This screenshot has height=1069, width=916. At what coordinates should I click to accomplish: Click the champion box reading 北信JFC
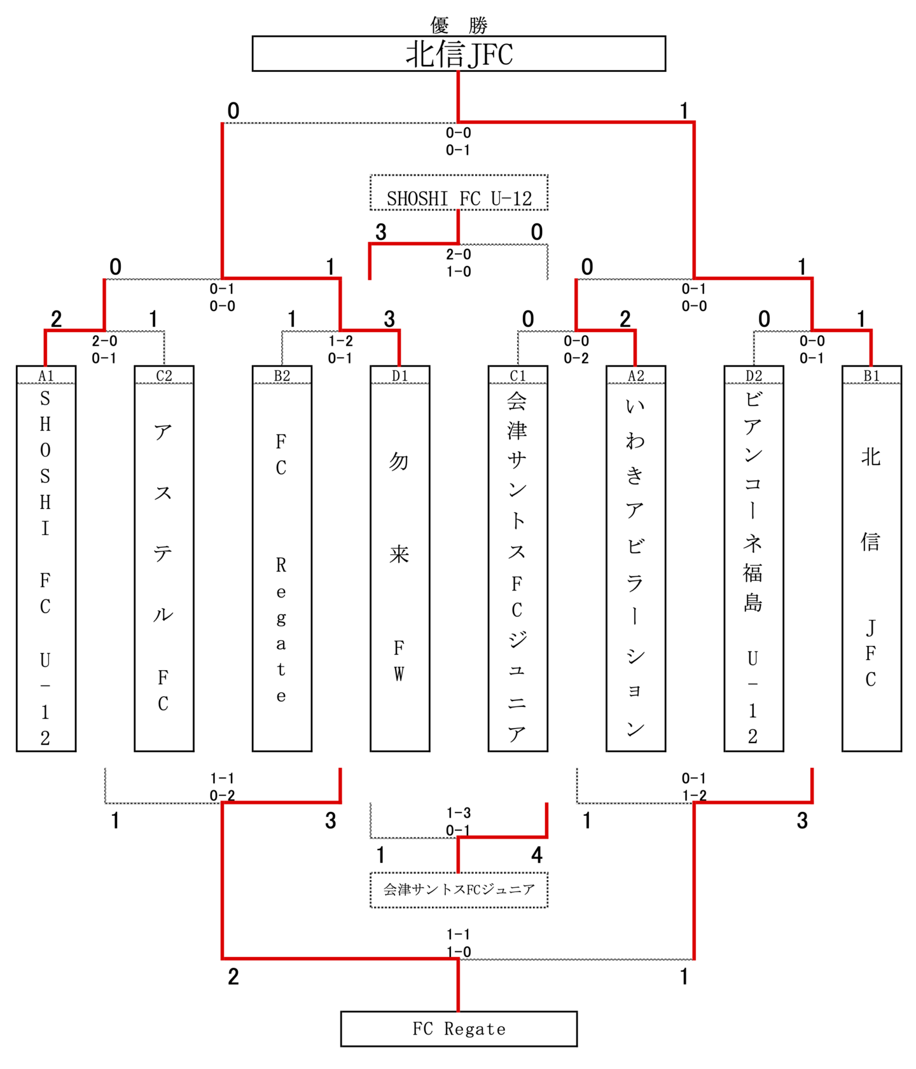tap(459, 53)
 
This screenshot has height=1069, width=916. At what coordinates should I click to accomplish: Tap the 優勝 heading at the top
tap(459, 25)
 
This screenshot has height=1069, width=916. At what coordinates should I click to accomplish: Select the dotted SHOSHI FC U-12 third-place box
tap(459, 193)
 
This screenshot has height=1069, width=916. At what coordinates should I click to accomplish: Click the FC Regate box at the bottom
tap(459, 1029)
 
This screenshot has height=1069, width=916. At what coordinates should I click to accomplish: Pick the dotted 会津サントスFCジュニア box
tap(459, 890)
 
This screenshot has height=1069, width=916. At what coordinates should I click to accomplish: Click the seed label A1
tap(46, 375)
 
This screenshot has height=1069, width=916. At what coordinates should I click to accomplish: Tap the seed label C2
tap(164, 375)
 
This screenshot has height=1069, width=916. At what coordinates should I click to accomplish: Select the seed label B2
tap(282, 375)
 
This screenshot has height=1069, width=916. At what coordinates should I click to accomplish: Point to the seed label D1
tap(399, 375)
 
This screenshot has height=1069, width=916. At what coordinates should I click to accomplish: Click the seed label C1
tap(518, 375)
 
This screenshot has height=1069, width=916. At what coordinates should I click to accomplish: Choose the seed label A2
tap(635, 375)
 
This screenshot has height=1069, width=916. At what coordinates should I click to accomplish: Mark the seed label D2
tap(754, 375)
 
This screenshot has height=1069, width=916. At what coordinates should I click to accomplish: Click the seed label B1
tap(871, 375)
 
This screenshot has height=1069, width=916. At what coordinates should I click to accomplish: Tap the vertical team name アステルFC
tap(163, 566)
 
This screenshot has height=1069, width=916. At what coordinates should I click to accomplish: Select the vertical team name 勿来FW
tap(399, 566)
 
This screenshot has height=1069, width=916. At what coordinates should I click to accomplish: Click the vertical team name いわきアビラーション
tap(635, 566)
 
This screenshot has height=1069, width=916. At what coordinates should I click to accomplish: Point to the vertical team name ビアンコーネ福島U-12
tap(753, 566)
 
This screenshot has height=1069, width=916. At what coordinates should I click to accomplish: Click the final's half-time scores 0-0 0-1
tap(458, 141)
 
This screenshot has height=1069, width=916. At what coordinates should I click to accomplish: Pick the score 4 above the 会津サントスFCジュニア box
tap(537, 855)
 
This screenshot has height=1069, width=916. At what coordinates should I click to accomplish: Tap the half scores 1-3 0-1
tap(458, 821)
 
